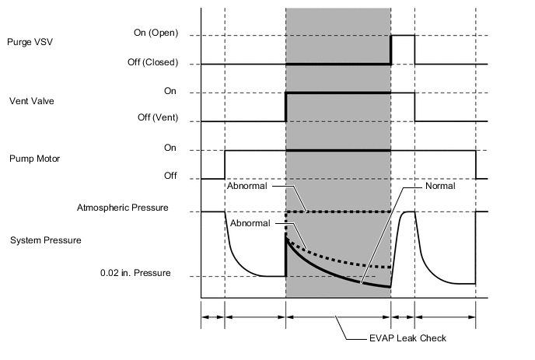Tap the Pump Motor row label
(32, 159)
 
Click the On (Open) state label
(153, 33)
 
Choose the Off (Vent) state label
(154, 119)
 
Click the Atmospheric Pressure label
(123, 208)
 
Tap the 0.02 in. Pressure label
(135, 274)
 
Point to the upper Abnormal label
(248, 186)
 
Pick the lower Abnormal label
(250, 222)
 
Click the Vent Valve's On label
(170, 91)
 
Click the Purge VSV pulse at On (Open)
(402, 36)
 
